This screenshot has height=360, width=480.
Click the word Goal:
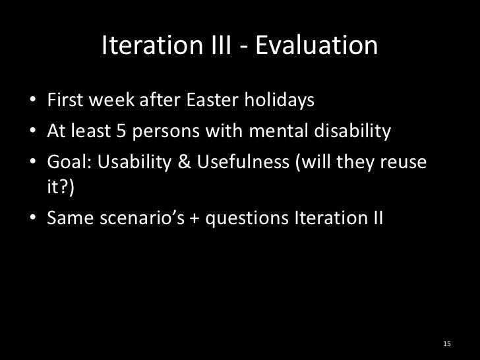coord(66,160)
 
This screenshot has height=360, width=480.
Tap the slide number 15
coord(447,343)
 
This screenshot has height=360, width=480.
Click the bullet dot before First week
coord(33,103)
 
